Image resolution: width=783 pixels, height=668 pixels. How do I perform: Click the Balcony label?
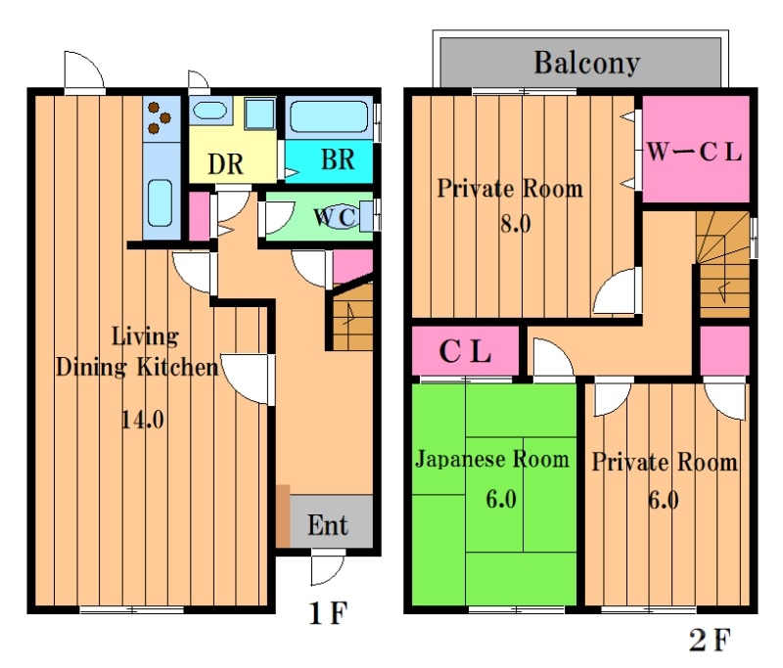coord(586,64)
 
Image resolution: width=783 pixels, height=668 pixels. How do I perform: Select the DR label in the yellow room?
coord(226,163)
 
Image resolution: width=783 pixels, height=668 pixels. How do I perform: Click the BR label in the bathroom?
coord(337,159)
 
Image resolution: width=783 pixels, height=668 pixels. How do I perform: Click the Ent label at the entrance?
coord(328,525)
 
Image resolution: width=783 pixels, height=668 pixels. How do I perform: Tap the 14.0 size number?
coord(142,421)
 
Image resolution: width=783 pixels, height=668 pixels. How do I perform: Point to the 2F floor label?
coord(708,641)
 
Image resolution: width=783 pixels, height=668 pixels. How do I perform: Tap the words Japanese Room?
coord(491,460)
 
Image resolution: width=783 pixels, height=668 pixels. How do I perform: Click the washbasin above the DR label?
coord(208,110)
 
